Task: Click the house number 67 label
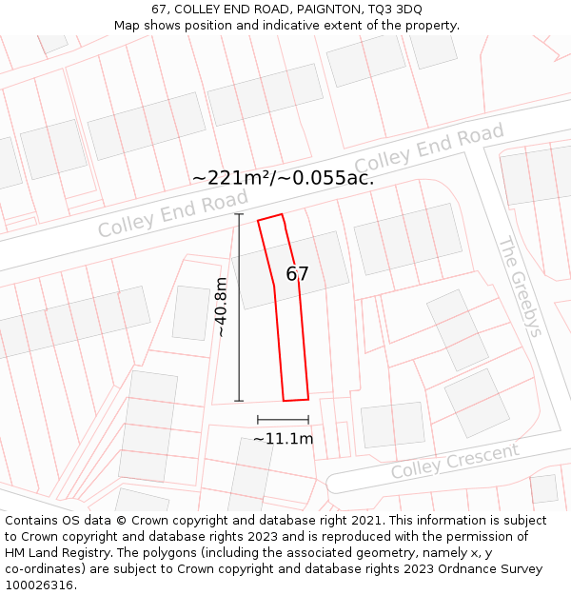click(298, 274)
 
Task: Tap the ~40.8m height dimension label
click(221, 307)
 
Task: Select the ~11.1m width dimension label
click(283, 439)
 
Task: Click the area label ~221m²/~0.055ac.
click(283, 177)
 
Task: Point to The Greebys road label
click(521, 286)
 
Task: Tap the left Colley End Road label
click(172, 213)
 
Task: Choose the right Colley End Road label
click(429, 149)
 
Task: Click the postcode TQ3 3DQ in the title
click(395, 10)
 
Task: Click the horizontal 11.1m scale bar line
click(283, 419)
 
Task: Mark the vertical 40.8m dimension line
click(239, 307)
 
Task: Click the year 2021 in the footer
click(367, 521)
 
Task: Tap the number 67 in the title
click(160, 10)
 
